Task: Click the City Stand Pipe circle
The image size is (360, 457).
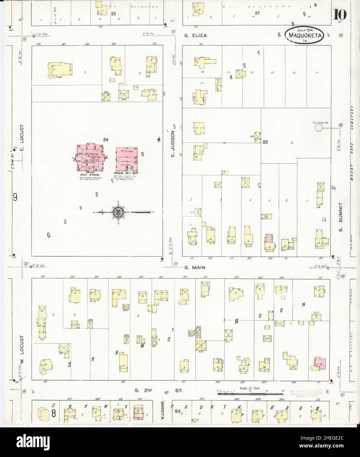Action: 318,127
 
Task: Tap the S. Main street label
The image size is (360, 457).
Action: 195,268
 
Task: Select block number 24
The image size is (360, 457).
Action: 105,140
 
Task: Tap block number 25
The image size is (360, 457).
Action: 265,142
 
